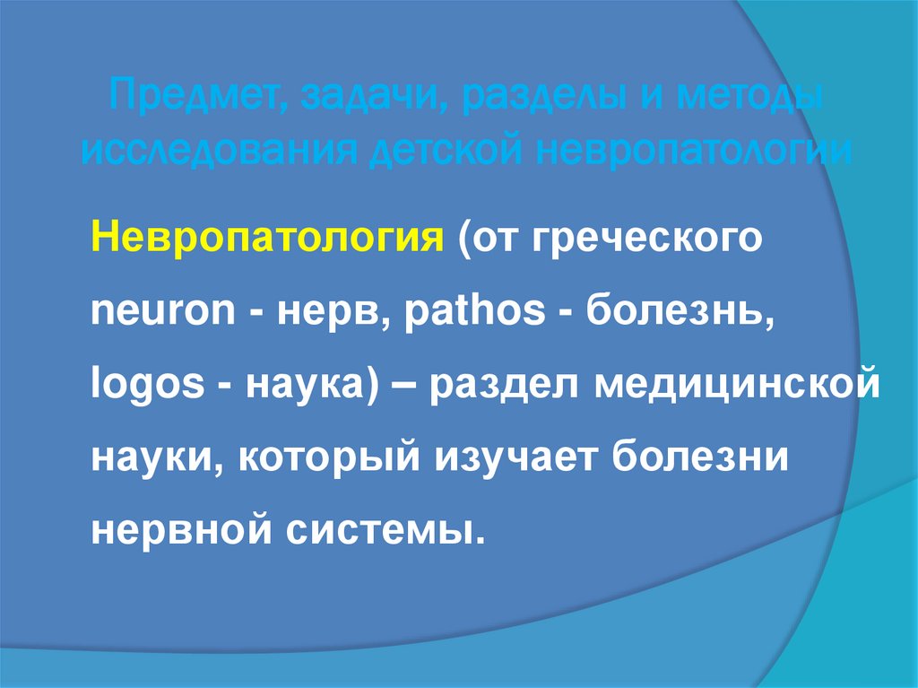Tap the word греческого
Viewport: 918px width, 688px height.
[x=646, y=240]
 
